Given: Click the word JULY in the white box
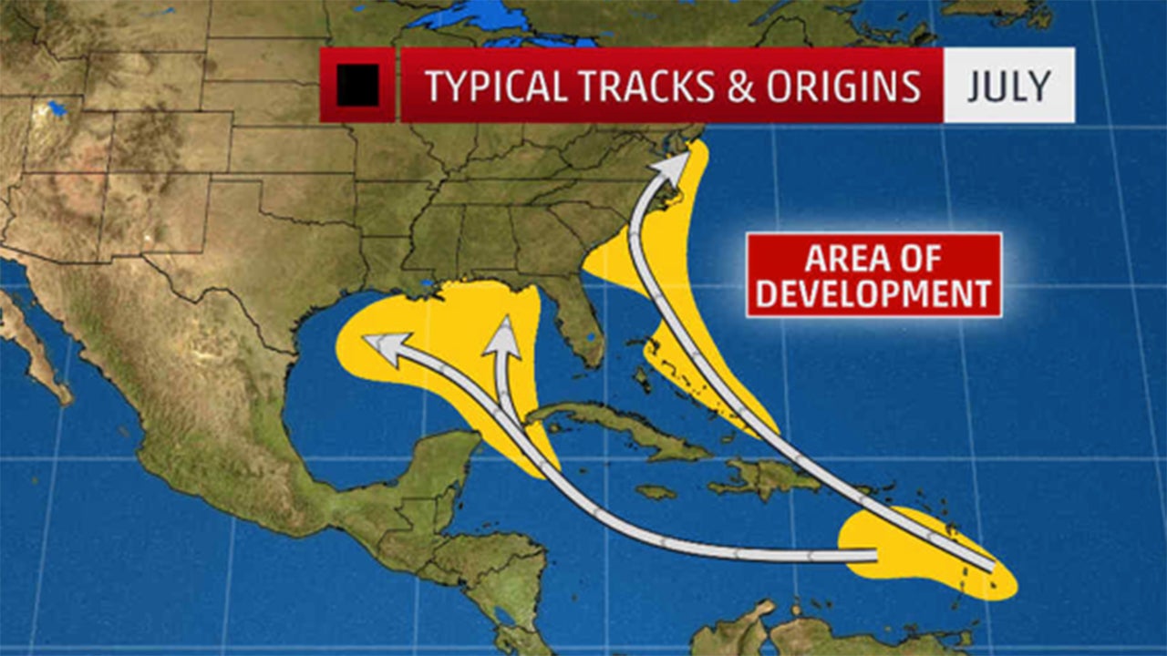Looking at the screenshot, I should (x=1009, y=86).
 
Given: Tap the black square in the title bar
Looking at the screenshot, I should (x=357, y=86).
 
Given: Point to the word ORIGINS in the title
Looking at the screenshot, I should (x=844, y=86).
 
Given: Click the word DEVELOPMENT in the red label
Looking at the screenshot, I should (x=873, y=294).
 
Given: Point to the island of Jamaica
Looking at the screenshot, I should (x=656, y=492).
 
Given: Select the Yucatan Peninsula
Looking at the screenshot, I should (x=447, y=465).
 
